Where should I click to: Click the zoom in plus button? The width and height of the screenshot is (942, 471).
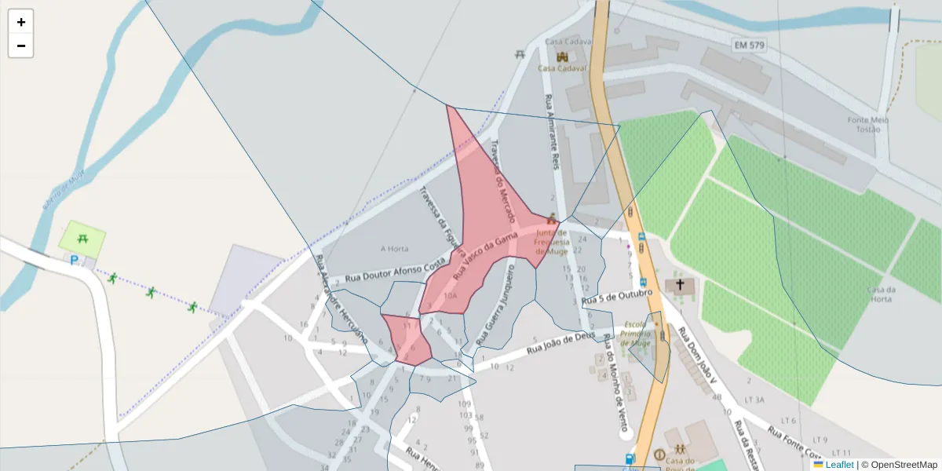(21, 22)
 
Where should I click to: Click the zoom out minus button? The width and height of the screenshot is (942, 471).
(21, 46)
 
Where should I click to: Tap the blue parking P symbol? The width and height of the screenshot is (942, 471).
(75, 260)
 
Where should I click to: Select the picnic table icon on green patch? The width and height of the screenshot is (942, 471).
(82, 235)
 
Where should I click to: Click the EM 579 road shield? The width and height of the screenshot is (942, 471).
(749, 46)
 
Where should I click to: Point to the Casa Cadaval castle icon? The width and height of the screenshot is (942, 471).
(562, 57)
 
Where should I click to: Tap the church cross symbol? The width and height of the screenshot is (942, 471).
(680, 285)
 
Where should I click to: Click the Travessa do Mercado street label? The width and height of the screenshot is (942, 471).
(502, 181)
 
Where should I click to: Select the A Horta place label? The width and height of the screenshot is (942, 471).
(395, 249)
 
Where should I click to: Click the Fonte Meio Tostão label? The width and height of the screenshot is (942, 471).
(868, 125)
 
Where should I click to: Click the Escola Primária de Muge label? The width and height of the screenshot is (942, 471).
(637, 334)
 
